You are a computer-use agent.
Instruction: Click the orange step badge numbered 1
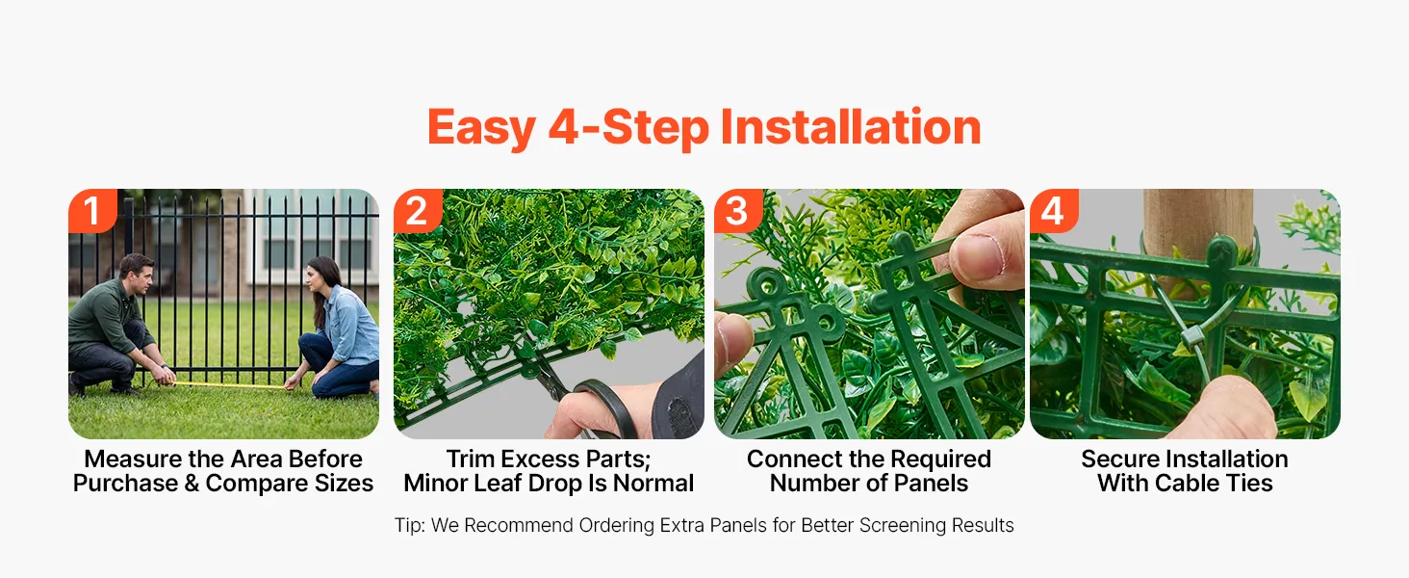coord(92,210)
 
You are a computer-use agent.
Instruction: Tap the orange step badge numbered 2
coord(418,210)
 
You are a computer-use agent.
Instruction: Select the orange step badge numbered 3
coord(738,210)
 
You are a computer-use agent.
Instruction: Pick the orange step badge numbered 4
coord(1054,210)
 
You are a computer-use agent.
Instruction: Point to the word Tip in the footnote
coord(409,525)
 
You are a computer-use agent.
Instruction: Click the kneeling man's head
coord(137,274)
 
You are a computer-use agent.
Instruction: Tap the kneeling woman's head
coord(321,277)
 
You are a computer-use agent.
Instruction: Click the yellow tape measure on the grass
coord(230,384)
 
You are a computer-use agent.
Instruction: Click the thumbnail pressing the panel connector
coord(974,257)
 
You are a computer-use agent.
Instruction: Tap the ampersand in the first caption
coord(192,484)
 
